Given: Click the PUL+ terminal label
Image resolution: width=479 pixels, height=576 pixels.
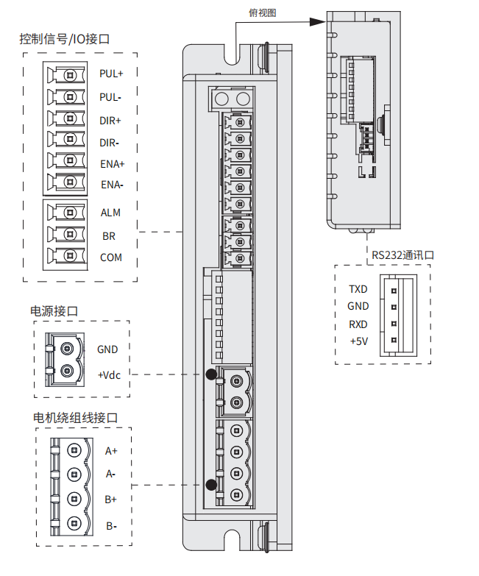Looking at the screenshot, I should click(111, 74).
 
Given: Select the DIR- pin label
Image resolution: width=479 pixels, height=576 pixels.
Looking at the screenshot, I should click(110, 143).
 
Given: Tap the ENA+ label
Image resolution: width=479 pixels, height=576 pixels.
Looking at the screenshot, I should click(113, 164).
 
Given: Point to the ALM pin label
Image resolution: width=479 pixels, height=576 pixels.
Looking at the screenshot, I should click(110, 213).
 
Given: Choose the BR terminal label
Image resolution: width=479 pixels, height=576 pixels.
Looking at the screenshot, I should click(109, 237).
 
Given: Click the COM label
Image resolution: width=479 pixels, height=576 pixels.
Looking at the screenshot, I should click(111, 257).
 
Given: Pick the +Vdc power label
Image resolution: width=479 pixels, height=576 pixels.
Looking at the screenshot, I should click(108, 374).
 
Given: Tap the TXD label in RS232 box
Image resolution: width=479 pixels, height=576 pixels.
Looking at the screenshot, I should click(358, 289).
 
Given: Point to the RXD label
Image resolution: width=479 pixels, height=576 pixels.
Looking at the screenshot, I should click(358, 324).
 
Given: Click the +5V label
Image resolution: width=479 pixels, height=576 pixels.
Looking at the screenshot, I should click(358, 341).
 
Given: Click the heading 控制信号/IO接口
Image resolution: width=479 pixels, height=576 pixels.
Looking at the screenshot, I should click(65, 39).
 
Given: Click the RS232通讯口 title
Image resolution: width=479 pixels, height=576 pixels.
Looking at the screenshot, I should click(403, 255).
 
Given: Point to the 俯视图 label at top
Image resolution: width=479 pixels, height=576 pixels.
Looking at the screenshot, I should click(263, 13).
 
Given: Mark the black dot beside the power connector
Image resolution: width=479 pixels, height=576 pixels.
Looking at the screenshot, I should click(212, 375).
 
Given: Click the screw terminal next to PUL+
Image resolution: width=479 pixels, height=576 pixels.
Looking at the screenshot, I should click(70, 75).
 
